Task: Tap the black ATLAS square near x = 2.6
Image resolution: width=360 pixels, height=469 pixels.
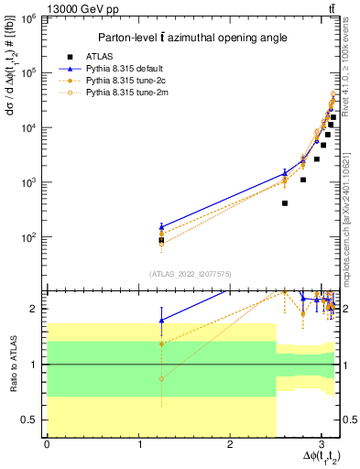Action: pyautogui.click(x=285, y=203)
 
